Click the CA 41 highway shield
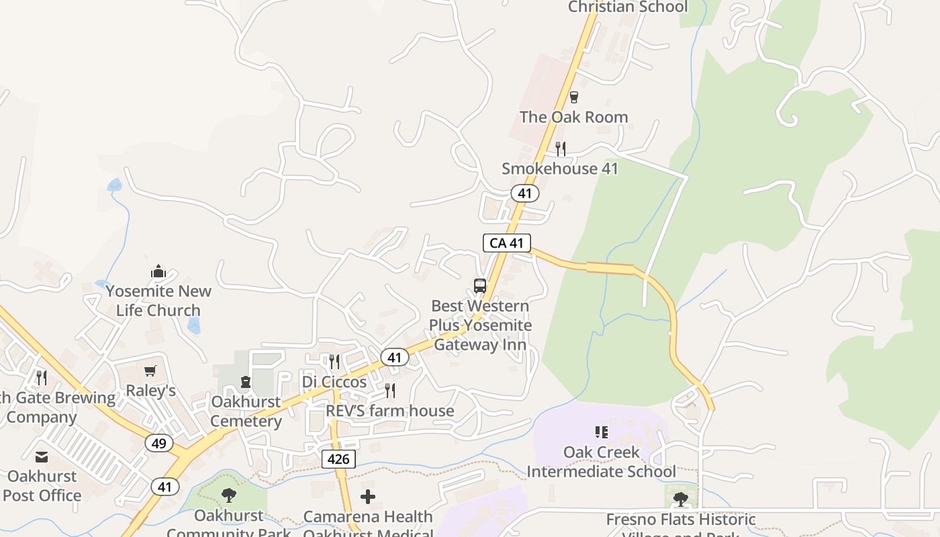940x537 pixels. pos(507,243)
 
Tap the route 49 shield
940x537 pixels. pos(159,443)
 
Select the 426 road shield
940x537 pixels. pos(338,459)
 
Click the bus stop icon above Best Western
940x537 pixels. pos(479,285)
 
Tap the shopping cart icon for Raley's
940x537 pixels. pos(150,371)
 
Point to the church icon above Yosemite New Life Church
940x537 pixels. pos(158,271)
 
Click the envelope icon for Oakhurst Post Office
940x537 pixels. pos(42,457)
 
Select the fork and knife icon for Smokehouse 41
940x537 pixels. pos(560,149)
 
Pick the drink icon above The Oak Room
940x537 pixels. pos(573,97)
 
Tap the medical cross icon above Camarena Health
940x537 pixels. pos(368,497)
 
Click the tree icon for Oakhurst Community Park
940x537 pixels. pos(228,496)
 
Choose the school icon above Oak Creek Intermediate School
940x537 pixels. pos(601,432)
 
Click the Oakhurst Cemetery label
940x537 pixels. pos(246,411)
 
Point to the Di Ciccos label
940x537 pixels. pos(334,382)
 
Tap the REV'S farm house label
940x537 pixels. pos(390,411)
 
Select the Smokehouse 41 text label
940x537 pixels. pos(559,168)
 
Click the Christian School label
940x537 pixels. pos(628,7)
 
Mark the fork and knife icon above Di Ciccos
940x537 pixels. pos(334,362)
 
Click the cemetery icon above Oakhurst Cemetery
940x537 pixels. pos(246,382)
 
